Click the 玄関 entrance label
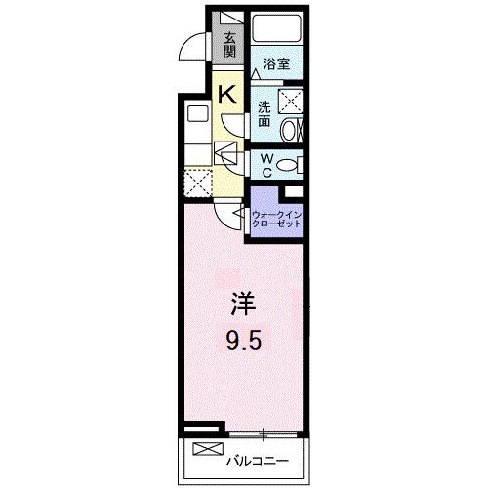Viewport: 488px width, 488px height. [229, 46]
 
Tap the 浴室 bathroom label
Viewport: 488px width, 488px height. [276, 65]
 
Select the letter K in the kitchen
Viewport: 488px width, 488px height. [226, 94]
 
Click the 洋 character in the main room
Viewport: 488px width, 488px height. [243, 305]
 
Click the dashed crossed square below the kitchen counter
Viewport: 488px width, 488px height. [199, 182]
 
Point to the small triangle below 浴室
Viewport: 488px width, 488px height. [255, 74]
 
